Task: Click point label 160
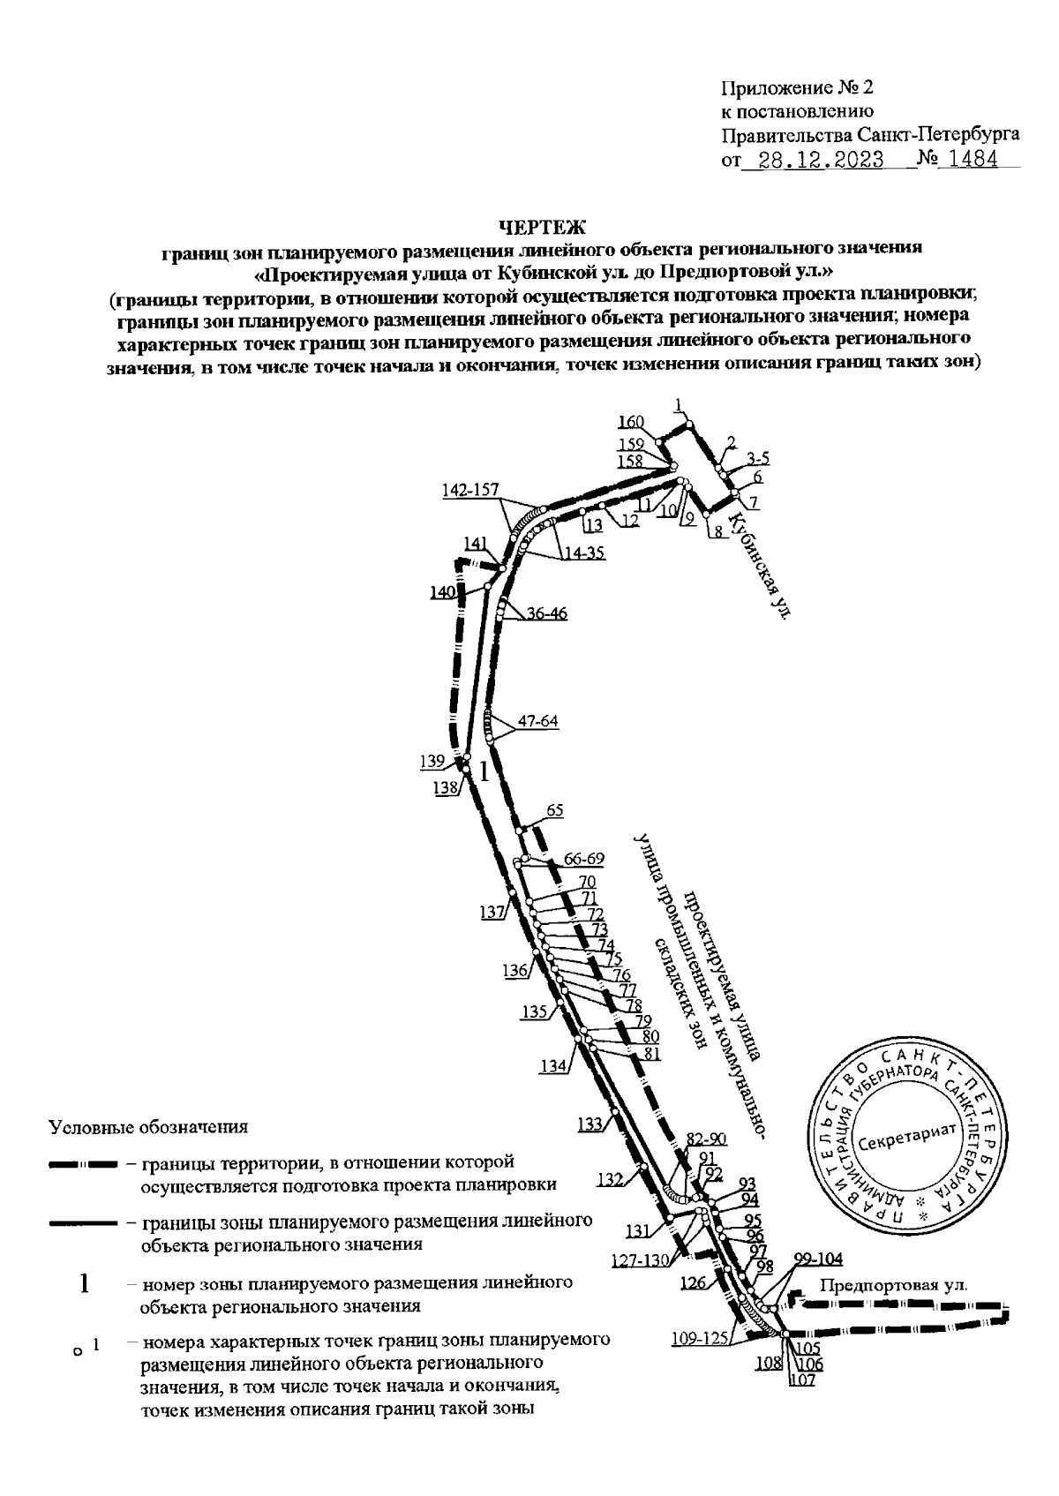[631, 421]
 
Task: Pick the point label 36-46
[547, 614]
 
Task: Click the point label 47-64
[537, 720]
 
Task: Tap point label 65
[555, 810]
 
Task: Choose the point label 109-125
[698, 1338]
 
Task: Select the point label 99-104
[818, 1259]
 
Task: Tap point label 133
[590, 1124]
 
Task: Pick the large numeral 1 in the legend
[85, 1282]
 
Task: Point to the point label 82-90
[705, 1139]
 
